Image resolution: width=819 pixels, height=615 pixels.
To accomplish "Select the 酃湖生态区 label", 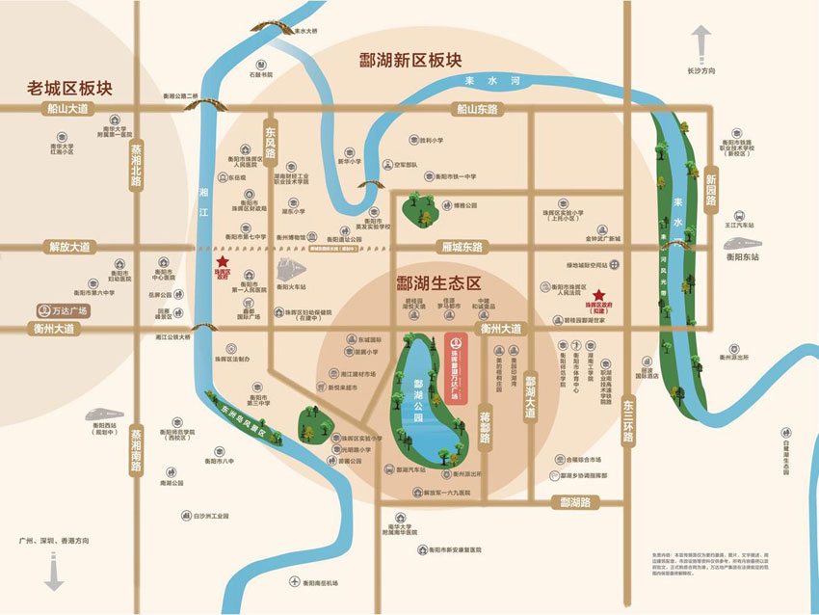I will click(x=438, y=284).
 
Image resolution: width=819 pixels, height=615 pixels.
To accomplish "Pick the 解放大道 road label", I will click(x=69, y=247).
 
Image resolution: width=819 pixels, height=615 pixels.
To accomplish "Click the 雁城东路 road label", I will click(x=462, y=247).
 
